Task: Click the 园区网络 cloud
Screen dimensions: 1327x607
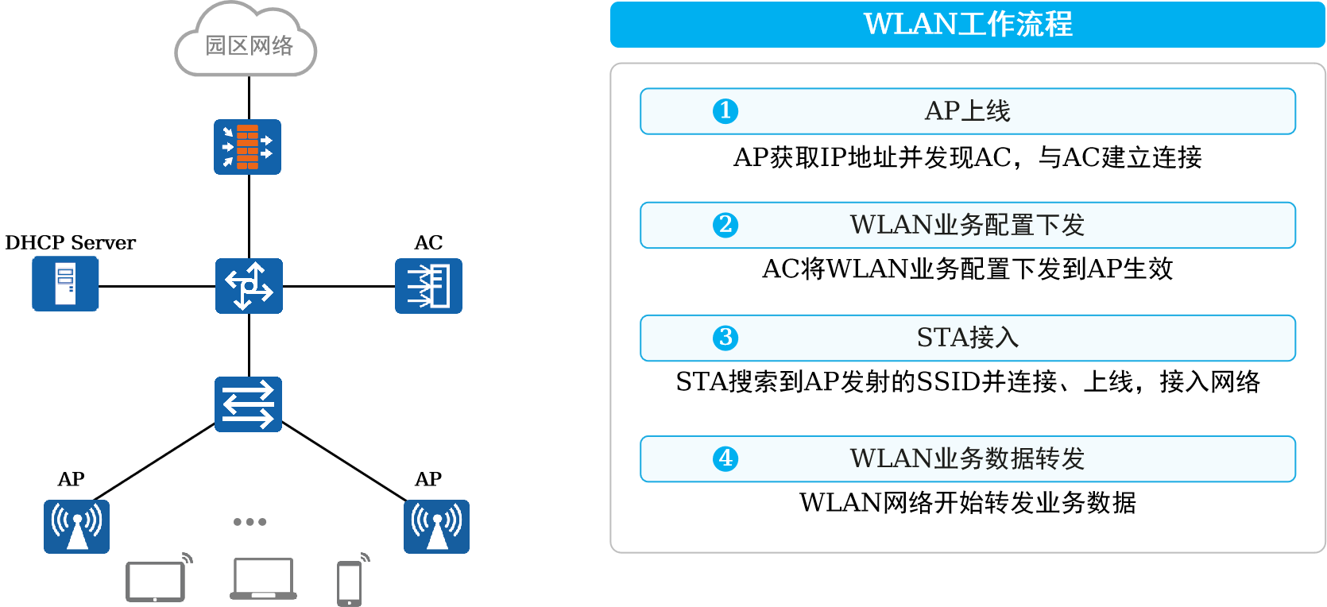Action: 246,39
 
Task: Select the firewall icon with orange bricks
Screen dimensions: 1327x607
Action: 248,147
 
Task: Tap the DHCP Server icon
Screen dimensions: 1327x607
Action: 65,284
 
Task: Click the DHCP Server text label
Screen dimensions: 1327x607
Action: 71,242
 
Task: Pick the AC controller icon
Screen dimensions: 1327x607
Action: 428,286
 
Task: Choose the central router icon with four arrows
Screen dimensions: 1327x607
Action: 249,286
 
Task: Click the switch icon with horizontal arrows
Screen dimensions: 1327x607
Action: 248,404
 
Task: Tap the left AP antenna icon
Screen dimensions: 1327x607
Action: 76,527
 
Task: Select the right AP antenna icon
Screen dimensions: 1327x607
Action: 436,527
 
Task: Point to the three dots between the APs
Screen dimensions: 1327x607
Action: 250,522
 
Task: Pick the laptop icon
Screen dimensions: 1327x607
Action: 263,578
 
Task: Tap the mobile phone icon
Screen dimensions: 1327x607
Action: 353,580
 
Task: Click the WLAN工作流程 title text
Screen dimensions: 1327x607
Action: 968,25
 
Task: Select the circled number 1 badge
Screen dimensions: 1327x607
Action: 725,111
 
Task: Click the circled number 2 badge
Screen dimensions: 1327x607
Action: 725,225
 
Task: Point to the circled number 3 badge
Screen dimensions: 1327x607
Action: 725,338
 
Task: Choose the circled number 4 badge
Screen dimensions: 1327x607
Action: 725,459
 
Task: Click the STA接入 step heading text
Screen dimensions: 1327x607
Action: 968,338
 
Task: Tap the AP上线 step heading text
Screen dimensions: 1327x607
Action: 967,110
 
